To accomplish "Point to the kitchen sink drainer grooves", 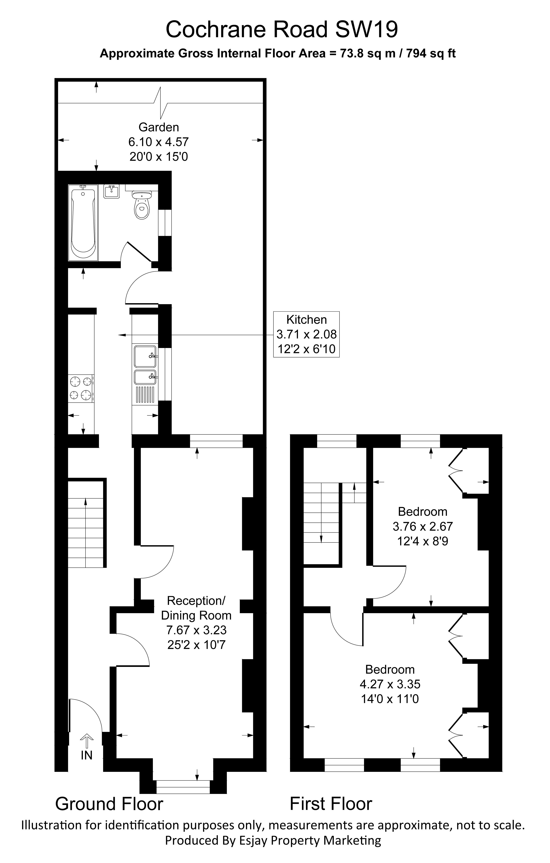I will pyautogui.click(x=145, y=394).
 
